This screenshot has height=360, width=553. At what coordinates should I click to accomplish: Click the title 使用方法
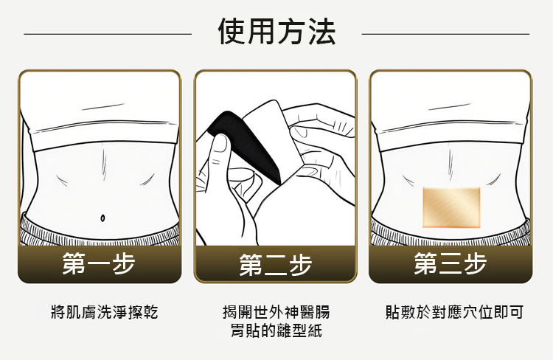(x=276, y=32)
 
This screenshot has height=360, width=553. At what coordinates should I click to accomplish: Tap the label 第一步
(x=99, y=263)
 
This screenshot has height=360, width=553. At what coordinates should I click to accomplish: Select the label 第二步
(x=276, y=264)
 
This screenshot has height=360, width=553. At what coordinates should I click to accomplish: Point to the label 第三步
(x=451, y=263)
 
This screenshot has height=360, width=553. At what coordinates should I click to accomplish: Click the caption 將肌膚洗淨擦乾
(x=105, y=312)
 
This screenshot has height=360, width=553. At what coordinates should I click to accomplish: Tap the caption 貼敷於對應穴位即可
(x=454, y=312)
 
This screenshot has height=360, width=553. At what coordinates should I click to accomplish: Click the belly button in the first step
(x=102, y=218)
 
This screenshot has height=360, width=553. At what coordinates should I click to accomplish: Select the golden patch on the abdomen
(x=451, y=207)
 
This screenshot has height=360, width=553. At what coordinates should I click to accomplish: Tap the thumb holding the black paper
(x=220, y=148)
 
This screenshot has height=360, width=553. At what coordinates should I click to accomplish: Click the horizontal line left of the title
(x=108, y=34)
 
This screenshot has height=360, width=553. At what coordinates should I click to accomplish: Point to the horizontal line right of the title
(x=446, y=34)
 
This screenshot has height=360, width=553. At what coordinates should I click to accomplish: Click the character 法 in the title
(x=321, y=32)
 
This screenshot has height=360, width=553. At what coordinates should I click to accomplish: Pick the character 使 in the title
(x=232, y=32)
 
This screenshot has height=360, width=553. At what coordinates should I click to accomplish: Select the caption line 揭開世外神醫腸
(x=276, y=312)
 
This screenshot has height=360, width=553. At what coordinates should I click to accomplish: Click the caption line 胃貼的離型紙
(x=276, y=330)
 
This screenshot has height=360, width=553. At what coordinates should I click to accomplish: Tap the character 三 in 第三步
(x=451, y=263)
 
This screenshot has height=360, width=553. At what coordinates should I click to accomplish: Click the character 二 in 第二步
(x=276, y=265)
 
